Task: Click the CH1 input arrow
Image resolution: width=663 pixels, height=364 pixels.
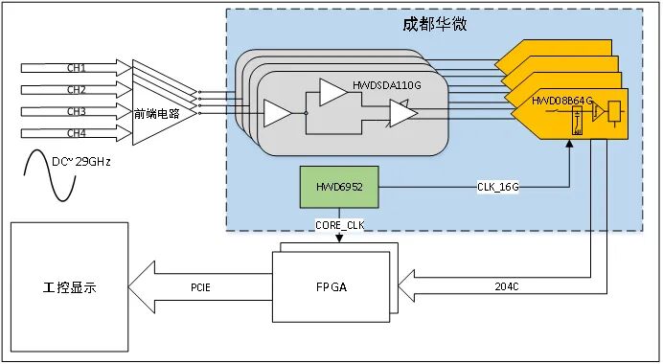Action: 77,69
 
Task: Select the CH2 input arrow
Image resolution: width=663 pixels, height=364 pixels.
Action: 77,90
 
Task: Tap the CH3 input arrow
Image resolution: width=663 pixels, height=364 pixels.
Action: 77,111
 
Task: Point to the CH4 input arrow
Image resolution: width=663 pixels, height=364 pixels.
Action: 77,132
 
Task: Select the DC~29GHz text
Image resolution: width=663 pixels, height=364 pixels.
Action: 80,162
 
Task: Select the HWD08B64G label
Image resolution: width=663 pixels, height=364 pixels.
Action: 568,99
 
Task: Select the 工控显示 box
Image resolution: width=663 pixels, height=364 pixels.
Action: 69,285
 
